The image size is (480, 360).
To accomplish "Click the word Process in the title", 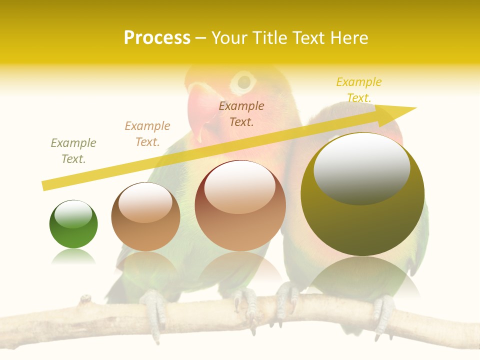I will pos(157,38).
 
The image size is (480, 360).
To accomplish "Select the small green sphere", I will pos(73,224).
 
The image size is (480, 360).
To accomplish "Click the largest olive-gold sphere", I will pos(362,194).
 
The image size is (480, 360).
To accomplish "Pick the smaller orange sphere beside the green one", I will pos(145,216).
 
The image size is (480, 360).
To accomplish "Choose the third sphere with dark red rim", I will pos(240,205).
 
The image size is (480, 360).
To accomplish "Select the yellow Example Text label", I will pos(358,90).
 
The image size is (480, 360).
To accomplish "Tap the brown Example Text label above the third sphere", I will pos(241,113).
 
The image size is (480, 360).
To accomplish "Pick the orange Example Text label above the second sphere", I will pos(147,134).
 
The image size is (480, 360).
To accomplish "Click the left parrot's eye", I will pos(244,81).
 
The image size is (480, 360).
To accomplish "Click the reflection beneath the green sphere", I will pos(73,257).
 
